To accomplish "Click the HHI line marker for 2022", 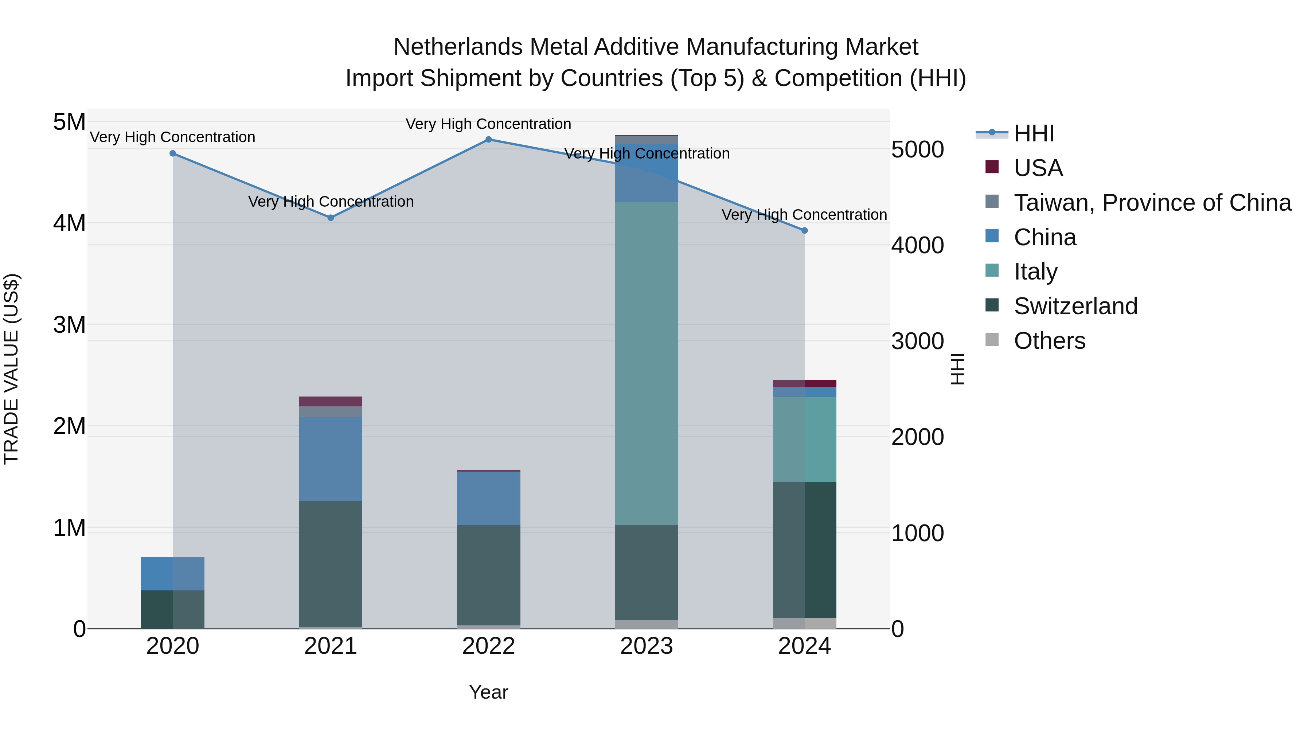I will click(x=488, y=140).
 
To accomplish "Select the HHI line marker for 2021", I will click(x=331, y=218).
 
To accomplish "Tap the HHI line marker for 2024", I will click(x=805, y=231).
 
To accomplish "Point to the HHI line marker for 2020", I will click(x=173, y=153).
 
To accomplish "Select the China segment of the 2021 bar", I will click(x=331, y=458).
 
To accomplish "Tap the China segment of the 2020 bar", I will click(x=173, y=574).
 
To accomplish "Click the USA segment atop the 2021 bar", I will click(x=331, y=401).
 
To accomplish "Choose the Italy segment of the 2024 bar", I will click(x=805, y=439).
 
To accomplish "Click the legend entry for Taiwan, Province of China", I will click(x=1152, y=203).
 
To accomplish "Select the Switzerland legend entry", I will click(x=1075, y=306).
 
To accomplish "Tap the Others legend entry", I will click(x=1049, y=341).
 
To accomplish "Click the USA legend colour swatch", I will click(x=992, y=167).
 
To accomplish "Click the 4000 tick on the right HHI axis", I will click(x=917, y=246).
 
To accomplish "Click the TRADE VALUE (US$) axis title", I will click(x=11, y=369).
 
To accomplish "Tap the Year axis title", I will click(x=488, y=692).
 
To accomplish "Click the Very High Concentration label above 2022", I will click(x=488, y=124).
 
